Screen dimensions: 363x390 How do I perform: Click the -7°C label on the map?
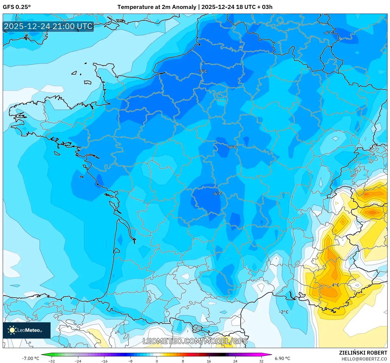pyautogui.click(x=202, y=71)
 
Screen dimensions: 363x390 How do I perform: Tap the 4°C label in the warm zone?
pyautogui.click(x=335, y=285)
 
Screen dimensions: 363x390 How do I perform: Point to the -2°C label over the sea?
pyautogui.click(x=284, y=312)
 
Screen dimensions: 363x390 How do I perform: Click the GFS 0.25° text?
pyautogui.click(x=17, y=7)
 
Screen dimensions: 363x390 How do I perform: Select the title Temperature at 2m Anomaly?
pyautogui.click(x=157, y=7)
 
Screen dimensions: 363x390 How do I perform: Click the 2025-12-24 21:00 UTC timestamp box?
pyautogui.click(x=48, y=27)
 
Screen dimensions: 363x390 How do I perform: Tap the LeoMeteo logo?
pyautogui.click(x=27, y=330)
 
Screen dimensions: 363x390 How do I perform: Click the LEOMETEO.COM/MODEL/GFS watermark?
pyautogui.click(x=195, y=341)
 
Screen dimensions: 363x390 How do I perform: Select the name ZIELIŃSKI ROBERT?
pyautogui.click(x=363, y=353)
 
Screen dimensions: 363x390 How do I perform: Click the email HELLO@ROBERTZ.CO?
pyautogui.click(x=364, y=359)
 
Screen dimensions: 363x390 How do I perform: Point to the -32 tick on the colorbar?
pyautogui.click(x=52, y=361)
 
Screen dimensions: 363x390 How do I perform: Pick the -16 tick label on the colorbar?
pyautogui.click(x=104, y=361)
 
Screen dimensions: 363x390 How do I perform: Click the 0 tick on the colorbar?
pyautogui.click(x=157, y=361)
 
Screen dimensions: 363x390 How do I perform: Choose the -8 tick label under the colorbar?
pyautogui.click(x=130, y=361)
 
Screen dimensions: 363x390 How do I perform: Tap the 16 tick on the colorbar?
pyautogui.click(x=209, y=361)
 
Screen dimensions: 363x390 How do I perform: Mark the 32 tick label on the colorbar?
pyautogui.click(x=261, y=361)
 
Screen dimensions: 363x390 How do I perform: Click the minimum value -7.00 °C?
pyautogui.click(x=30, y=358)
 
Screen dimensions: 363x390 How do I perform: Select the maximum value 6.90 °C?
pyautogui.click(x=282, y=358)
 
